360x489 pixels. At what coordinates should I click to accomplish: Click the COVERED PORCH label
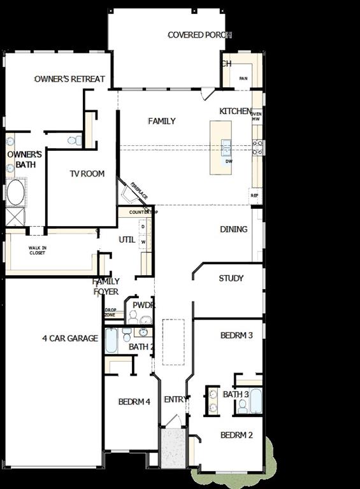pos(199,35)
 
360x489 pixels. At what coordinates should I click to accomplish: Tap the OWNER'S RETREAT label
pos(69,79)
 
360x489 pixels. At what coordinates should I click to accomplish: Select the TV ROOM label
pos(87,174)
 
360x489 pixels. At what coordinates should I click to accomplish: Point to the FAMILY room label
pos(162,121)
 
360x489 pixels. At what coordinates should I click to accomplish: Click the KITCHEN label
pos(235,111)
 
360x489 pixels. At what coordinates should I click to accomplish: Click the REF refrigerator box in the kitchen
pos(256,195)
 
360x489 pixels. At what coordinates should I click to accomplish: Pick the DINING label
pos(234,229)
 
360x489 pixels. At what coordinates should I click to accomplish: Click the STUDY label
pos(231,278)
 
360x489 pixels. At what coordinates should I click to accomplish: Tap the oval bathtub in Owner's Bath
pos(16,192)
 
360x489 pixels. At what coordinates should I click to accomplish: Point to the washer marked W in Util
pos(143,242)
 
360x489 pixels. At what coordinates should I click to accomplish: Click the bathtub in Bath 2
pos(112,341)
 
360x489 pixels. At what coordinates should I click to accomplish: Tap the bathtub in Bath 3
pos(256,401)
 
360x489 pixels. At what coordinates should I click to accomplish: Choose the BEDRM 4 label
pos(134,402)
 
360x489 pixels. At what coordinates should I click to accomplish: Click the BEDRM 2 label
pos(237,436)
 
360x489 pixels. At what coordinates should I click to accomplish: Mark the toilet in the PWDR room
pos(133,316)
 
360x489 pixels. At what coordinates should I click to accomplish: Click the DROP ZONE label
pos(110,313)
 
